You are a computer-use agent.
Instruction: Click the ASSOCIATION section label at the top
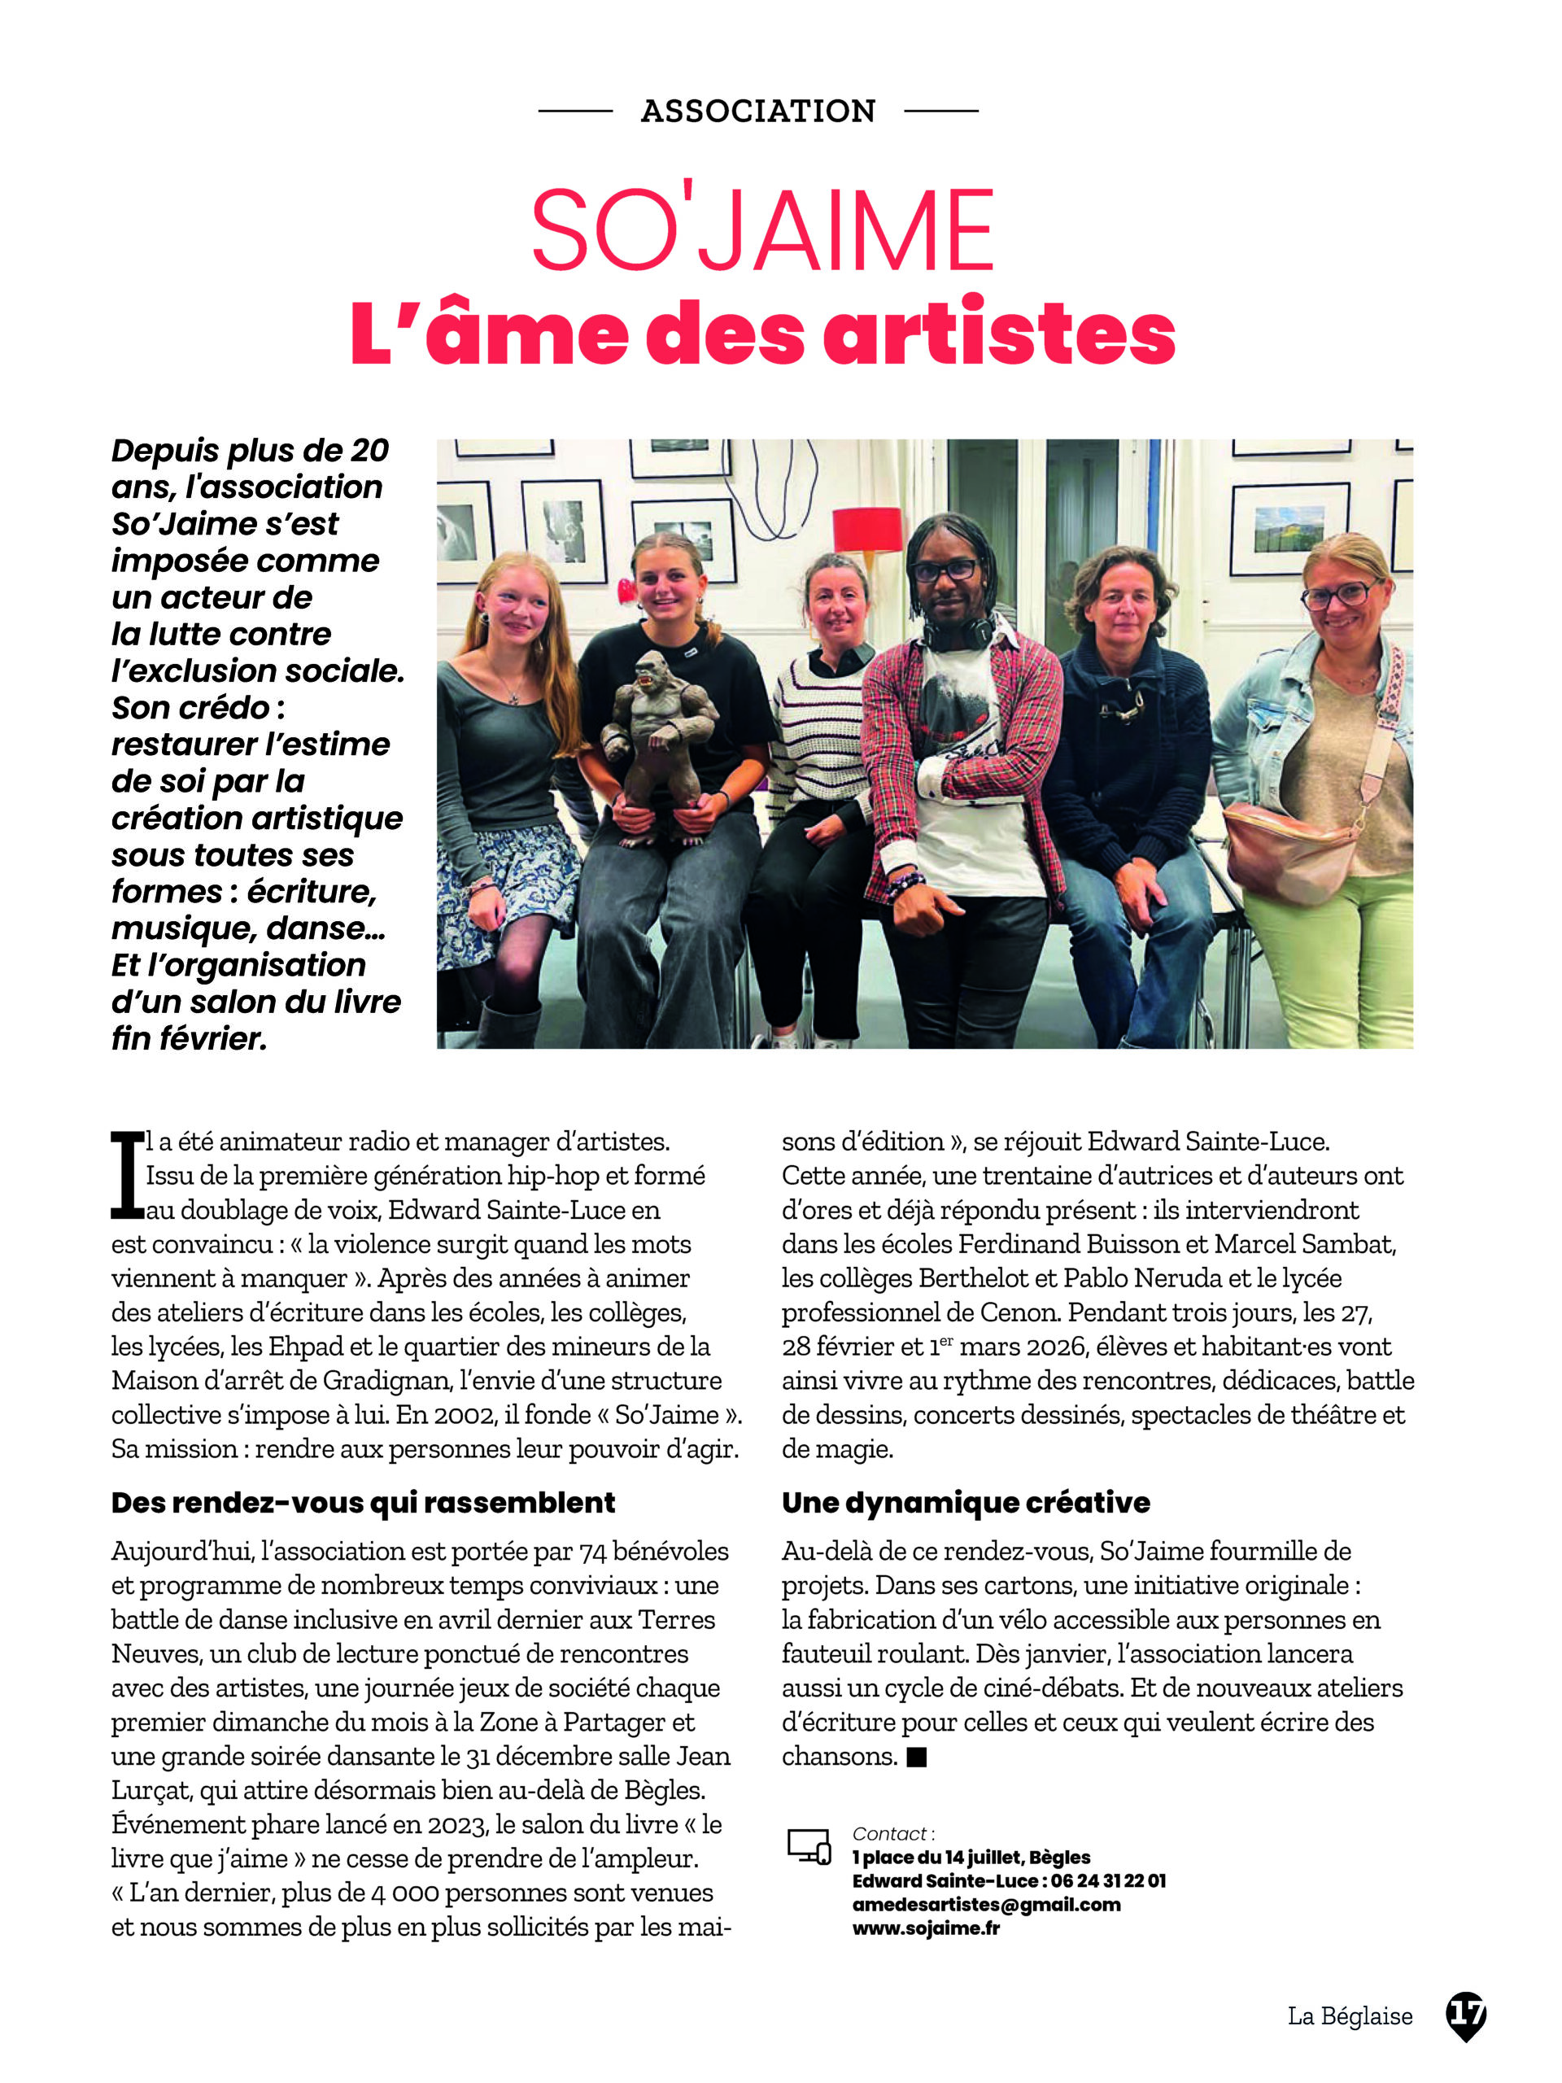click(758, 111)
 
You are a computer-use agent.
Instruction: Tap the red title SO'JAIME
click(762, 231)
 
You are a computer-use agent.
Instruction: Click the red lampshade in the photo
click(867, 529)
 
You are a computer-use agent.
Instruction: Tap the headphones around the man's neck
click(958, 633)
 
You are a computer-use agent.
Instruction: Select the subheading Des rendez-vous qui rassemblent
click(363, 1502)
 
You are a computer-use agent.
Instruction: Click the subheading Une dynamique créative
click(965, 1502)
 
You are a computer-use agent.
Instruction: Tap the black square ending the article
click(916, 1756)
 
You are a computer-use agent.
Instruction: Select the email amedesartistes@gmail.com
click(986, 1904)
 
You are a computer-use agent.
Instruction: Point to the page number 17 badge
click(1465, 2015)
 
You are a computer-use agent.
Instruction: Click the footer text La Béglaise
click(1349, 2016)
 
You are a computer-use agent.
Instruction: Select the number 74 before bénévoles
click(593, 1551)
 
